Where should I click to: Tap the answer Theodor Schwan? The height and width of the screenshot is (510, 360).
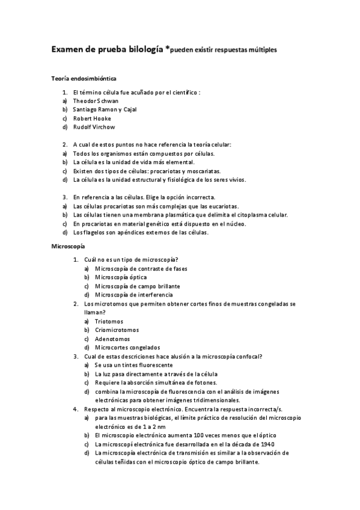point(95,101)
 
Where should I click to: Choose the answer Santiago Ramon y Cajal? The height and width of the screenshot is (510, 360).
point(105,110)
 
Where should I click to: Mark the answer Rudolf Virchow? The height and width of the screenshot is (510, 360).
point(94,127)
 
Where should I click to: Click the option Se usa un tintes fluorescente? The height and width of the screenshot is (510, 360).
point(134,365)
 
